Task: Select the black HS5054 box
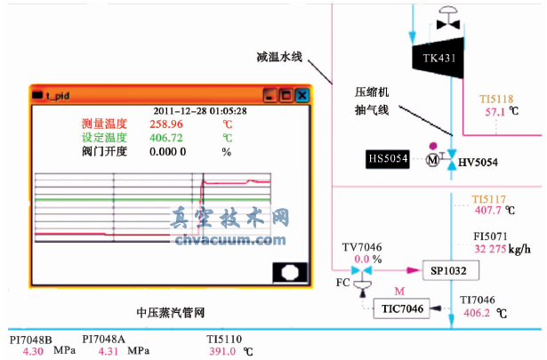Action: tap(387, 158)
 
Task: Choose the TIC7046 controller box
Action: tap(401, 308)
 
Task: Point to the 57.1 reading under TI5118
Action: tap(495, 112)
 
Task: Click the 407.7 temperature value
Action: tap(487, 211)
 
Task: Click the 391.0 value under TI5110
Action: tap(221, 351)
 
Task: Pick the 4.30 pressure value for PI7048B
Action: tap(32, 351)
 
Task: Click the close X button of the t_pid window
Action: tap(302, 94)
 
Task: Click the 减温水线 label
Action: tap(278, 57)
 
